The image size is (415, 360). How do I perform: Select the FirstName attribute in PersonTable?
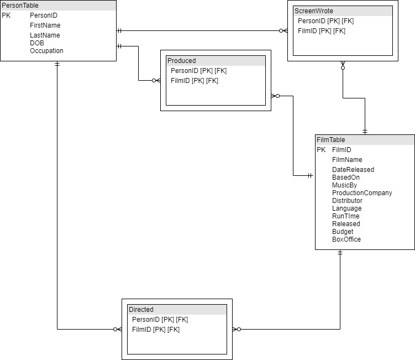pyautogui.click(x=45, y=25)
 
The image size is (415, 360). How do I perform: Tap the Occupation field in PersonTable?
pyautogui.click(x=46, y=51)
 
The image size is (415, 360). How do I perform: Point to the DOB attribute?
pyautogui.click(x=37, y=43)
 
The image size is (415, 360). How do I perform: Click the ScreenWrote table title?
pyautogui.click(x=314, y=11)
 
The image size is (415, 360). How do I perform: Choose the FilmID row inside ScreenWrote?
pyautogui.click(x=322, y=31)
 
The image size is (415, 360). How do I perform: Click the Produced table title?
pyautogui.click(x=182, y=61)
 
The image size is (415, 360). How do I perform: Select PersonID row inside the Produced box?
pyautogui.click(x=198, y=71)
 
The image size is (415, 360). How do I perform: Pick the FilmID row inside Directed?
pyautogui.click(x=156, y=330)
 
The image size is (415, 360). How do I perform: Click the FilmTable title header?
pyautogui.click(x=330, y=140)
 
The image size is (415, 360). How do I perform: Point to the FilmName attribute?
pyautogui.click(x=347, y=160)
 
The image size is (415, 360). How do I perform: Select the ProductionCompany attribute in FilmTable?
pyautogui.click(x=362, y=193)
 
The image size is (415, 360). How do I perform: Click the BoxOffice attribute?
pyautogui.click(x=346, y=239)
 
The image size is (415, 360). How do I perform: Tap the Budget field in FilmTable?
pyautogui.click(x=343, y=232)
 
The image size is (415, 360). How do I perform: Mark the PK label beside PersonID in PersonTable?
pyautogui.click(x=6, y=15)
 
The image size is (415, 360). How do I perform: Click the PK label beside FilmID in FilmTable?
pyautogui.click(x=321, y=150)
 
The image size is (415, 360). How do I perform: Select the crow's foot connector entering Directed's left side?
pyautogui.click(x=117, y=330)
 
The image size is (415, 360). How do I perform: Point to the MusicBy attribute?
pyautogui.click(x=344, y=185)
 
